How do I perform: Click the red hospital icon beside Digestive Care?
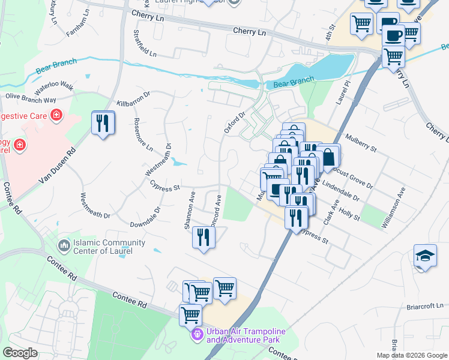click(56, 114)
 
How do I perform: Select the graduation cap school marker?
click(425, 256)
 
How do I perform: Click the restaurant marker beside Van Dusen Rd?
click(103, 123)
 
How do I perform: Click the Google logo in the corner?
click(20, 353)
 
